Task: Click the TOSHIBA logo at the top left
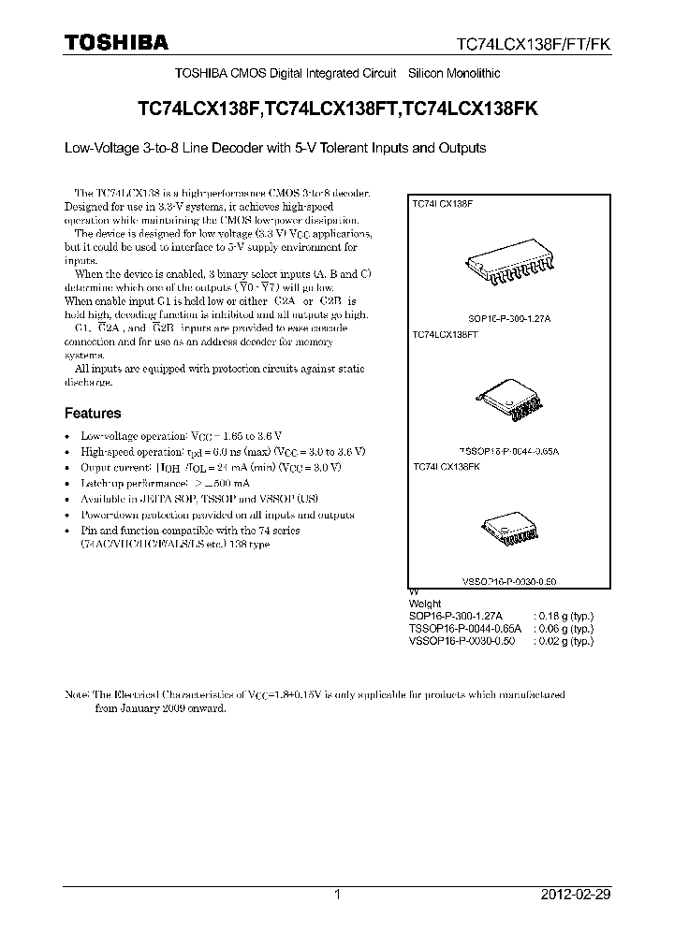(116, 42)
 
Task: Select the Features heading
(92, 413)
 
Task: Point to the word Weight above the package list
(426, 605)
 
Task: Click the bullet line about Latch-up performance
(164, 483)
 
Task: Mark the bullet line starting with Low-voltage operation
(182, 436)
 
